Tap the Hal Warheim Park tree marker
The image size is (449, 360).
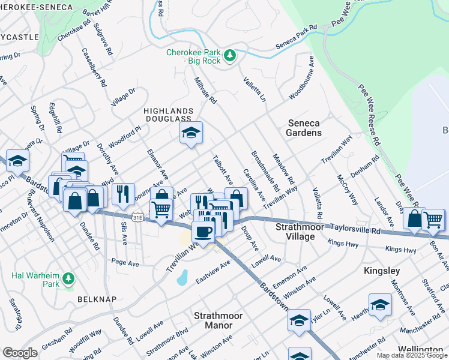click(69, 278)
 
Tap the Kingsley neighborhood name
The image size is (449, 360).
click(382, 271)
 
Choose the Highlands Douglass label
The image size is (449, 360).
click(169, 115)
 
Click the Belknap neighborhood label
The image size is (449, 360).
click(92, 298)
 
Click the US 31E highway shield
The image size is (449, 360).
click(139, 214)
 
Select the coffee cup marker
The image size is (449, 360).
click(203, 232)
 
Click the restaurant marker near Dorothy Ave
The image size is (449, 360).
click(123, 193)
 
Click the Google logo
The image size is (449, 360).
click(20, 353)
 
